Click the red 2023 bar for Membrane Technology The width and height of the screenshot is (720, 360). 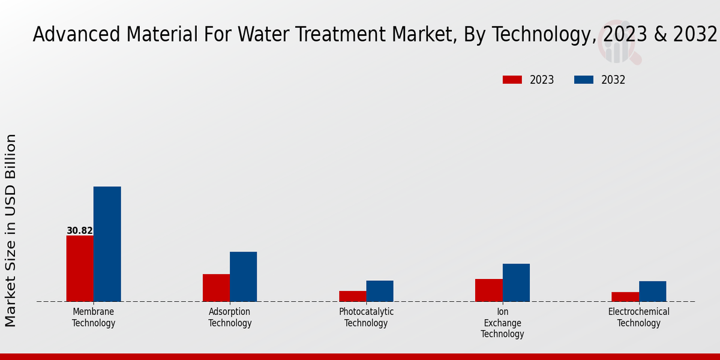80,268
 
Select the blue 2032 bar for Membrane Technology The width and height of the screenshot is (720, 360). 107,244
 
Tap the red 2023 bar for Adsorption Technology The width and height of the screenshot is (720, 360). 216,287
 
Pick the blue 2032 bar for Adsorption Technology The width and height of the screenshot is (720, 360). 243,276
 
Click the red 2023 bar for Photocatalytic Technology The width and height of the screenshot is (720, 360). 352,296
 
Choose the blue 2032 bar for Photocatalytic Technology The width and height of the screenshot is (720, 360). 380,290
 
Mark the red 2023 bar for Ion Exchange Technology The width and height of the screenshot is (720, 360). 488,290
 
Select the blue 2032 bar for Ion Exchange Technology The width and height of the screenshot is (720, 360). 516,282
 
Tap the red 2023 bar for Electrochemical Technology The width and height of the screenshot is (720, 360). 625,296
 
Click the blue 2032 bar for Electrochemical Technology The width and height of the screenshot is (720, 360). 652,291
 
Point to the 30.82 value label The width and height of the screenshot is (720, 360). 79,230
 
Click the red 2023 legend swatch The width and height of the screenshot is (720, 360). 512,80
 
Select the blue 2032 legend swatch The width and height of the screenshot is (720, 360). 584,80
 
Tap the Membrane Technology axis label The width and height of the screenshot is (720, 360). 94,317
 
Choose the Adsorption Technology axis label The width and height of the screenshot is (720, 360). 230,317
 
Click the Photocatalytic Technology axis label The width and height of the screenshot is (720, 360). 366,317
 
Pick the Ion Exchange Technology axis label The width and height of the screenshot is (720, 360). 502,323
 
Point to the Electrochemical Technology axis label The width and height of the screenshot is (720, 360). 638,317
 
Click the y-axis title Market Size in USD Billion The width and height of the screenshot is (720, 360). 11,230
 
